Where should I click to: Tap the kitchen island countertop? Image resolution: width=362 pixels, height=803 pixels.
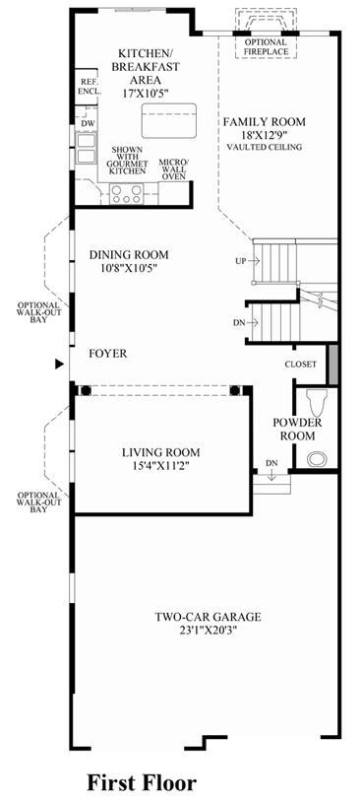coord(169,120)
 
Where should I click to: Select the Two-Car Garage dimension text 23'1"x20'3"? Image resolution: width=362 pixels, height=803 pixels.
coord(208,630)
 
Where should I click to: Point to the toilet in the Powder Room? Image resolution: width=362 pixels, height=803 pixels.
coord(317,403)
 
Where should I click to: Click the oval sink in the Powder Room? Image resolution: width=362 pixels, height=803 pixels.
coord(317,458)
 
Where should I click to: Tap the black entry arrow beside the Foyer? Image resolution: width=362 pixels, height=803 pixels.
coord(60,365)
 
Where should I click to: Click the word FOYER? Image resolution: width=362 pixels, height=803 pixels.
coord(108,354)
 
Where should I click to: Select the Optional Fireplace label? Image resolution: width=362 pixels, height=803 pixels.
coord(266,47)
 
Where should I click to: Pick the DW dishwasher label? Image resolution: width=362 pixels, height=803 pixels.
coord(86,123)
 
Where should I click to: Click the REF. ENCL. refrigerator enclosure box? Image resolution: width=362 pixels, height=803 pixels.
coord(86,87)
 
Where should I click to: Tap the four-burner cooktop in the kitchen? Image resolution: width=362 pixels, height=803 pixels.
coord(126,193)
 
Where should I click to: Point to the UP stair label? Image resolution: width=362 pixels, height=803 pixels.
coord(240,261)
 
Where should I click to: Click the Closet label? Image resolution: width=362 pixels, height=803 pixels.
coord(301,365)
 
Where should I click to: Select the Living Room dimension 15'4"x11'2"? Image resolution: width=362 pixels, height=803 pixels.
coord(160,465)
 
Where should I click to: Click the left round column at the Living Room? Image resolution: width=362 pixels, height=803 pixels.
coord(86,391)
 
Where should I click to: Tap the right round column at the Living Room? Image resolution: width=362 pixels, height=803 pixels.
coord(235,391)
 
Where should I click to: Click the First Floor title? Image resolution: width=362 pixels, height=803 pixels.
coord(142,783)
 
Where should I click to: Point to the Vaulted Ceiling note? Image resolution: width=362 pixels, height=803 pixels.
coord(265,147)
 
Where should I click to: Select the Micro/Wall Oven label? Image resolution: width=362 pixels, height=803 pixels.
coord(172,169)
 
